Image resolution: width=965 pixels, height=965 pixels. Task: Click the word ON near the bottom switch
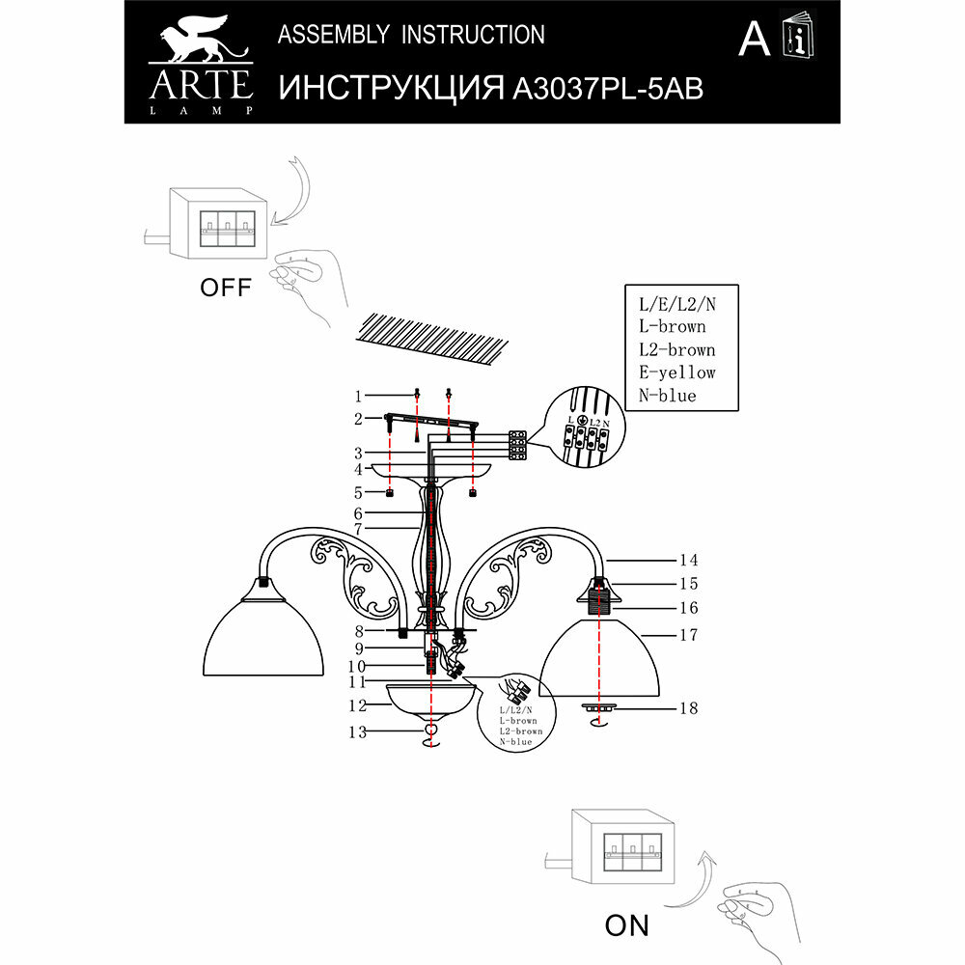626,925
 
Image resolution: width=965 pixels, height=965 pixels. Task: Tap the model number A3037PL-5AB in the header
606,89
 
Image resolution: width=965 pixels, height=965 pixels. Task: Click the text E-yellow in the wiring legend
676,372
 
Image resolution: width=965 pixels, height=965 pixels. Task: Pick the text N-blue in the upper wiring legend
667,396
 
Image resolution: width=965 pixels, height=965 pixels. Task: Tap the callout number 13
359,732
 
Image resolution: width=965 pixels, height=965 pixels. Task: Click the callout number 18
687,707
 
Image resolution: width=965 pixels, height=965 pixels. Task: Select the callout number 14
687,560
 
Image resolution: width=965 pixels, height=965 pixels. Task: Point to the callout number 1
357,396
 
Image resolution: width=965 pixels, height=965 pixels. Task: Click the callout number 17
687,635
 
